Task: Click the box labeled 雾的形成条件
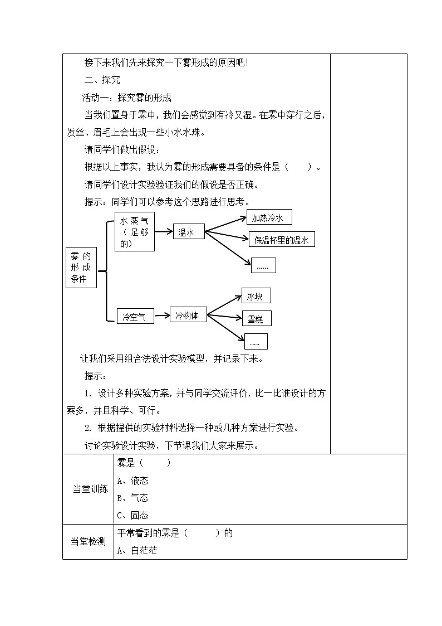coord(81,268)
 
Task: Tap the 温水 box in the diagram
coord(188,233)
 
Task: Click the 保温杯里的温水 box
coord(281,240)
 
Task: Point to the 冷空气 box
coord(135,317)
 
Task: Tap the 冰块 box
coord(256,296)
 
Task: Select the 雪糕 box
coord(256,319)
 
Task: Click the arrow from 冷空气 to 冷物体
coord(161,316)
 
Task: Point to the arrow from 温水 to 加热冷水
coord(225,223)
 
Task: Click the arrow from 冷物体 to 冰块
coord(224,305)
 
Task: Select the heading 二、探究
coord(101,80)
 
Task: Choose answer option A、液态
coord(133,481)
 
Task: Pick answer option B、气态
coord(133,498)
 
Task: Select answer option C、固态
coord(133,515)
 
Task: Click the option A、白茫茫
coord(137,550)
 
